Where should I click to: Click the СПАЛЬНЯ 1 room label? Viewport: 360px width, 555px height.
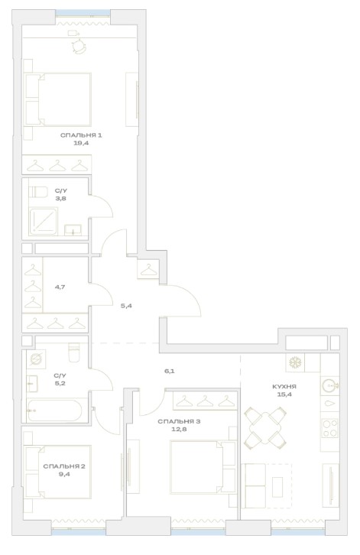pyautogui.click(x=81, y=135)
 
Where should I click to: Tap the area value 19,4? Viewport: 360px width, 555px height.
pyautogui.click(x=81, y=143)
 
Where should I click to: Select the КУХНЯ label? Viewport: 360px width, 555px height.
pyautogui.click(x=284, y=387)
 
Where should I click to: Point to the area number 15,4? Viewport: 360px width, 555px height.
pyautogui.click(x=284, y=394)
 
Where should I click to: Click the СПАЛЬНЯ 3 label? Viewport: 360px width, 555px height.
pyautogui.click(x=179, y=421)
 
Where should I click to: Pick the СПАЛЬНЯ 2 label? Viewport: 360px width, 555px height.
pyautogui.click(x=64, y=466)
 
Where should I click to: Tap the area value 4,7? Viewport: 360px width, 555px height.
pyautogui.click(x=60, y=287)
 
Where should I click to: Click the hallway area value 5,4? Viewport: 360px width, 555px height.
pyautogui.click(x=126, y=306)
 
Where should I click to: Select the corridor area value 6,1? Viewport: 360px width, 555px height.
pyautogui.click(x=169, y=371)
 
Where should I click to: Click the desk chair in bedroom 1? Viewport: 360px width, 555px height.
pyautogui.click(x=79, y=47)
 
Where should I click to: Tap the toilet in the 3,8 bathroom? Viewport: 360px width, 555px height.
pyautogui.click(x=38, y=192)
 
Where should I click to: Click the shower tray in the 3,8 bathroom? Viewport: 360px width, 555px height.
pyautogui.click(x=44, y=222)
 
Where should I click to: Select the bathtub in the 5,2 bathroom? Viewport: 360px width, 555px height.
pyautogui.click(x=54, y=411)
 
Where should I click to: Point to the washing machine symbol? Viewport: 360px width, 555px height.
pyautogui.click(x=36, y=359)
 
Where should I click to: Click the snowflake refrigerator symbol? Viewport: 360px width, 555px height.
pyautogui.click(x=295, y=362)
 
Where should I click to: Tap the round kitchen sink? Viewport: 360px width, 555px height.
pyautogui.click(x=329, y=385)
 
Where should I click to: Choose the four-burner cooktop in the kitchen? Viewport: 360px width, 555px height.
pyautogui.click(x=330, y=428)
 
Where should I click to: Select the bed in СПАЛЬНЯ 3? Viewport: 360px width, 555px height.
pyautogui.click(x=203, y=467)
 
